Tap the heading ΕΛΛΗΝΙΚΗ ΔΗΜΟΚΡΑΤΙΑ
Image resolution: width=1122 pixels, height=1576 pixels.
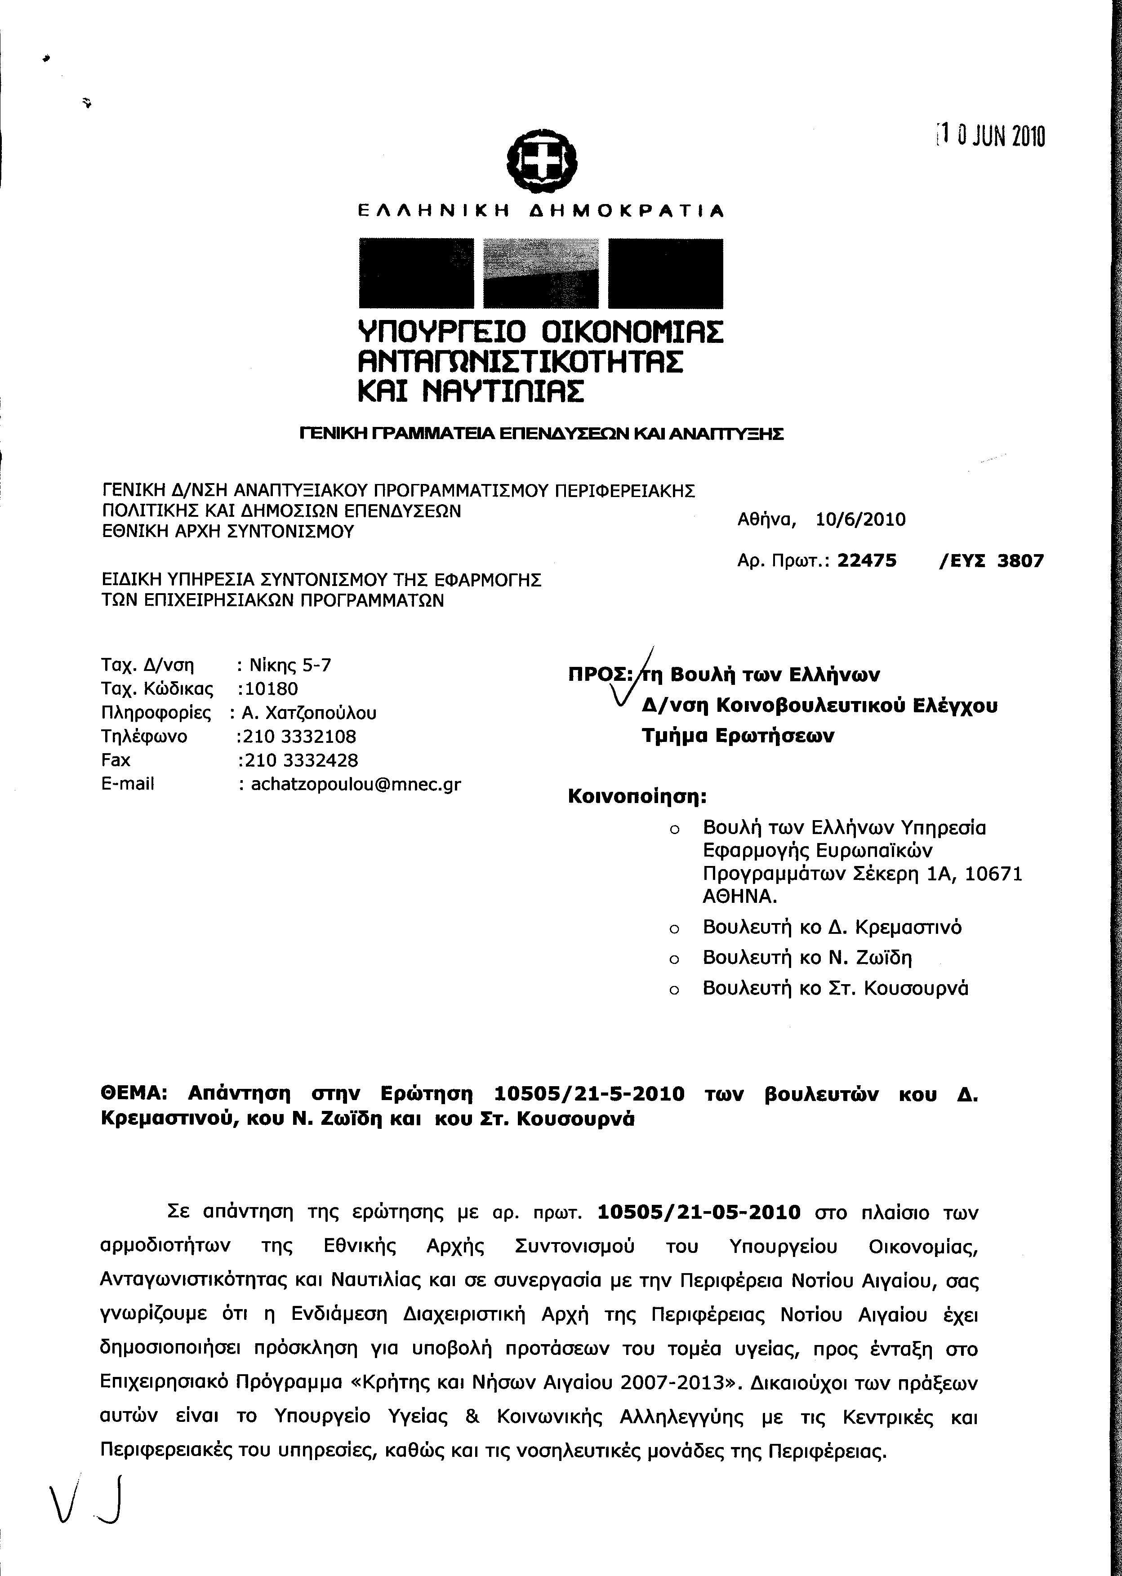(x=541, y=211)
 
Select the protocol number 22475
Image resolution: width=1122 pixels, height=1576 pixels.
(x=866, y=561)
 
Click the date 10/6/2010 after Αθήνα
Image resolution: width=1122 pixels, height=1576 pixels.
(x=860, y=519)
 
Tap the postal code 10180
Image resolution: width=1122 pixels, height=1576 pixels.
(x=268, y=688)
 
